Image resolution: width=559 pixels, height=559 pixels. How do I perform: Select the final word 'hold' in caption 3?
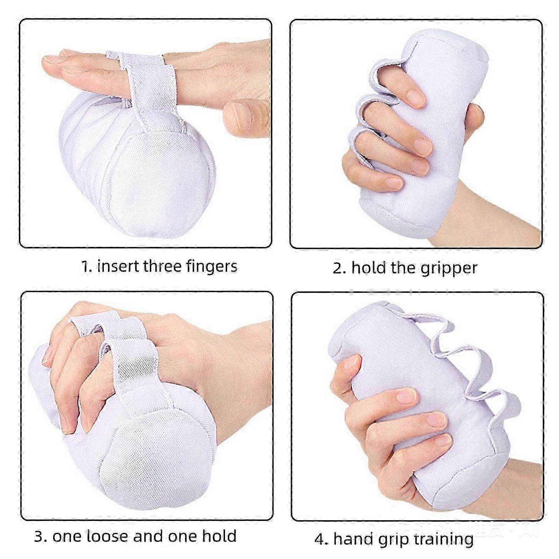pyautogui.click(x=219, y=536)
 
